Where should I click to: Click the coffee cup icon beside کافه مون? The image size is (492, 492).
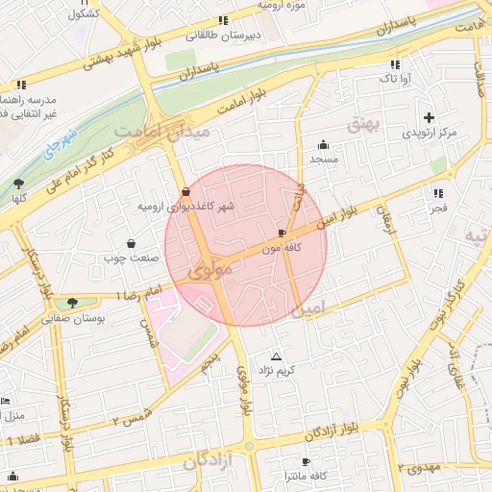coord(282,233)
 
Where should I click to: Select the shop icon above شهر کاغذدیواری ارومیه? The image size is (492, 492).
coord(184,191)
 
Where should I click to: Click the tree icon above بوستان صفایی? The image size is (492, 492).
coord(72,303)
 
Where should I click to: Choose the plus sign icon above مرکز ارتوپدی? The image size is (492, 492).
coord(428,116)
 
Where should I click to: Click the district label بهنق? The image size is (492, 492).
coord(365,125)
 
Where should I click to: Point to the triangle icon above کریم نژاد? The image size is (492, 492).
coord(277,356)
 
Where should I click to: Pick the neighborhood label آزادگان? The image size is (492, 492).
coord(208,463)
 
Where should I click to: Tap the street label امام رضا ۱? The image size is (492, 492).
coord(141,292)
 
